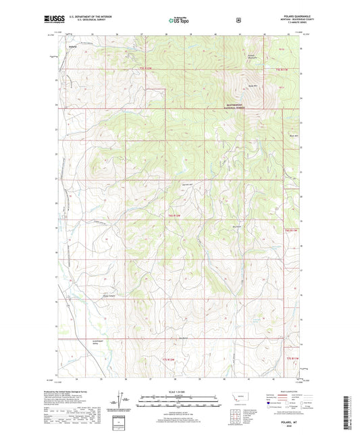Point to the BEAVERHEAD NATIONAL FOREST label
click(x=241, y=105)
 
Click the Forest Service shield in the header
click(x=237, y=20)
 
